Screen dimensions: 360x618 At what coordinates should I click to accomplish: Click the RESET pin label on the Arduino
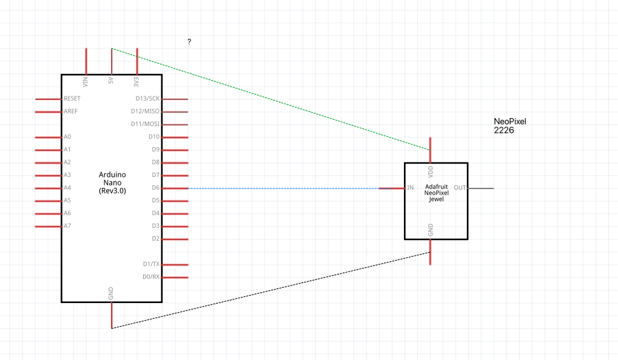click(72, 99)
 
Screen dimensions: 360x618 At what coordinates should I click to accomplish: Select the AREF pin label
click(70, 112)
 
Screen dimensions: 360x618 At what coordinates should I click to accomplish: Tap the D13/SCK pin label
click(147, 99)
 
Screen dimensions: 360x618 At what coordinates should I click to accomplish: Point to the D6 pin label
click(155, 188)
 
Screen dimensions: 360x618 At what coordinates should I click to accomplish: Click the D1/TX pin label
click(151, 264)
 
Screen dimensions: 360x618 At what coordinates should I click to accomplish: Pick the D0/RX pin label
click(151, 277)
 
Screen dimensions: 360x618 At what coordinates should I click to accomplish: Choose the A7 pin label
click(67, 226)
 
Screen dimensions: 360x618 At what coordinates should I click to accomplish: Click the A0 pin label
click(67, 137)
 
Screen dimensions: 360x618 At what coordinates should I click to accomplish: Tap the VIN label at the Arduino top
click(86, 81)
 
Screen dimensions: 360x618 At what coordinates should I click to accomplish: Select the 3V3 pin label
click(136, 81)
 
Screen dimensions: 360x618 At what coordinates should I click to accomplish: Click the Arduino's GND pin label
click(111, 294)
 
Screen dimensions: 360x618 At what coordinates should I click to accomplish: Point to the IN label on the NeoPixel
click(411, 188)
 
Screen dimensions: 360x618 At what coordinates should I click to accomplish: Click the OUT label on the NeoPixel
click(460, 188)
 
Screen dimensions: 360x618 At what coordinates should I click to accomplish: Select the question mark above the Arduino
click(189, 42)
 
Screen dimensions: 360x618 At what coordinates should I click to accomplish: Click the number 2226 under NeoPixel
click(504, 130)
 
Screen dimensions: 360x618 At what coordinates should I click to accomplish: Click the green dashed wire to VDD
click(271, 99)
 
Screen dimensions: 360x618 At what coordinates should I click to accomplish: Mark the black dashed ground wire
click(271, 290)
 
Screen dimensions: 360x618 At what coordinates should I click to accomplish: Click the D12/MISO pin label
click(146, 112)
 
